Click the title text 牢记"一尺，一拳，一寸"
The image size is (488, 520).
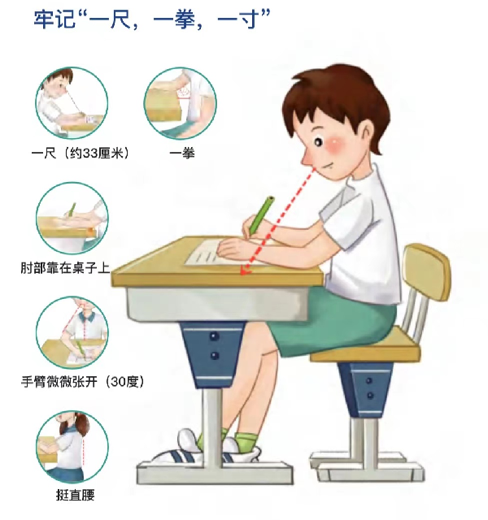point(152,19)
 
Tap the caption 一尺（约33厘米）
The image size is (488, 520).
point(80,154)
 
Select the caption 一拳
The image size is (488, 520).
point(182,154)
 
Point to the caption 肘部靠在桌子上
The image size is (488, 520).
point(65,267)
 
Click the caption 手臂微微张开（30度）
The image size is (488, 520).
point(83,382)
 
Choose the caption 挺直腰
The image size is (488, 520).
point(76,496)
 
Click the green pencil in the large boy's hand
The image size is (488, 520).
point(262,214)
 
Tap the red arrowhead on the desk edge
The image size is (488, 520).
point(245,270)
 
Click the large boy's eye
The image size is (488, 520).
point(318,143)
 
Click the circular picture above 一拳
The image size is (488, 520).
point(181,103)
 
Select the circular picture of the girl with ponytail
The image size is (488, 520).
point(72,447)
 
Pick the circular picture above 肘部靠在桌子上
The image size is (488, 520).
point(72,218)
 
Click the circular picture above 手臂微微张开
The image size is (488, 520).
point(72,332)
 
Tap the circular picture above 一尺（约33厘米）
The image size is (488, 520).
point(72,103)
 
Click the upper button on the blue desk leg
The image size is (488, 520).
point(214,336)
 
